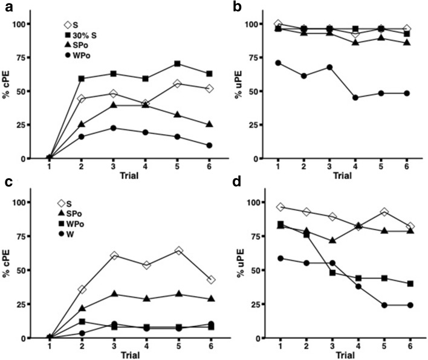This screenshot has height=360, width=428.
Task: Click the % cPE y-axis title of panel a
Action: coord(10,91)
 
